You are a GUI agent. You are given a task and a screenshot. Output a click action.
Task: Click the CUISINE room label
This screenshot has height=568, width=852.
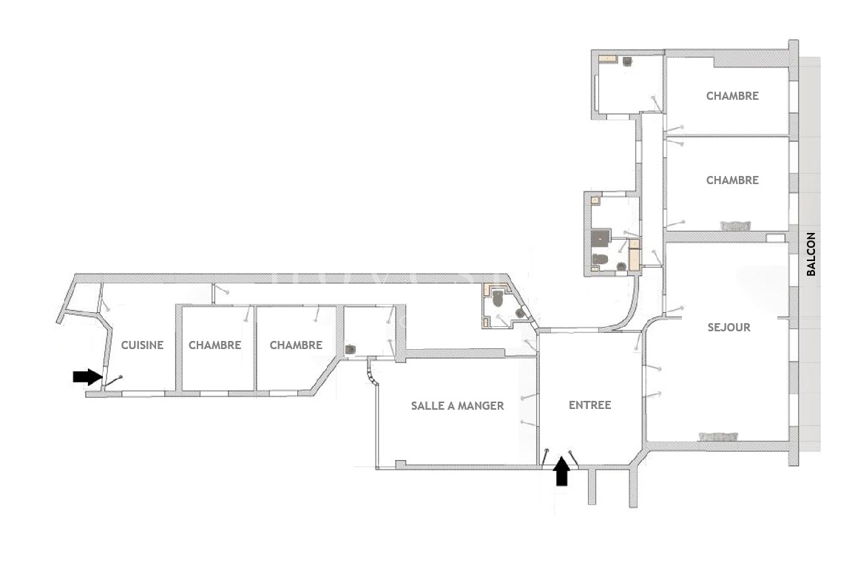142,345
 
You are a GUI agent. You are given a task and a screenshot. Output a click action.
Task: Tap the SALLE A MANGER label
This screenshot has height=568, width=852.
458,405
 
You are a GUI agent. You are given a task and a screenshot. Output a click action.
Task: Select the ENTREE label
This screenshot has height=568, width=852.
590,405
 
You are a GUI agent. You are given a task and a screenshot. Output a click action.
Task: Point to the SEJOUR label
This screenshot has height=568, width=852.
729,327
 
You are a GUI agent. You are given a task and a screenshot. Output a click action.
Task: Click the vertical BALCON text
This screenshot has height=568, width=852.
811,254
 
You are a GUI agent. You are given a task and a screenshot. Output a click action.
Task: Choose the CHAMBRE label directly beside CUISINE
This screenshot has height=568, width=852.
214,345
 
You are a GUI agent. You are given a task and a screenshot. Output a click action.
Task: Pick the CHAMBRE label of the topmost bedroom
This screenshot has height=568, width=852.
732,96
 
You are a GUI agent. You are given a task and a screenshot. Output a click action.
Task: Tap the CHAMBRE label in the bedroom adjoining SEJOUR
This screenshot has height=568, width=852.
732,180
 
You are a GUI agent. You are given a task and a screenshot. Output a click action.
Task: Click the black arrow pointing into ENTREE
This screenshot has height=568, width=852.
562,470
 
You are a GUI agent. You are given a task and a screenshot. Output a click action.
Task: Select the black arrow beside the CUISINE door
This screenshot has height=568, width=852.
88,376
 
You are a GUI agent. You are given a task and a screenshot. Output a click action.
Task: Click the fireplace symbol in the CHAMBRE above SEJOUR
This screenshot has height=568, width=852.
736,226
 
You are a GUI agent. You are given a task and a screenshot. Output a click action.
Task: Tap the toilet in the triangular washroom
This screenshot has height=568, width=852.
498,298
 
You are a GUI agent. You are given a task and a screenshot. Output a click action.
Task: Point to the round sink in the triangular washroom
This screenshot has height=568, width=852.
520,313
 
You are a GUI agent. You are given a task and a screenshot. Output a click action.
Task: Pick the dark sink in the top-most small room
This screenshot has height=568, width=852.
628,61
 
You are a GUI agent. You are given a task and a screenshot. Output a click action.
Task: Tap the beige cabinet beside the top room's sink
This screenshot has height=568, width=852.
608,58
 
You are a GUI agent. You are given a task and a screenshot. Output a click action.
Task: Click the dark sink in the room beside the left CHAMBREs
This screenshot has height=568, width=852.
351,350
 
